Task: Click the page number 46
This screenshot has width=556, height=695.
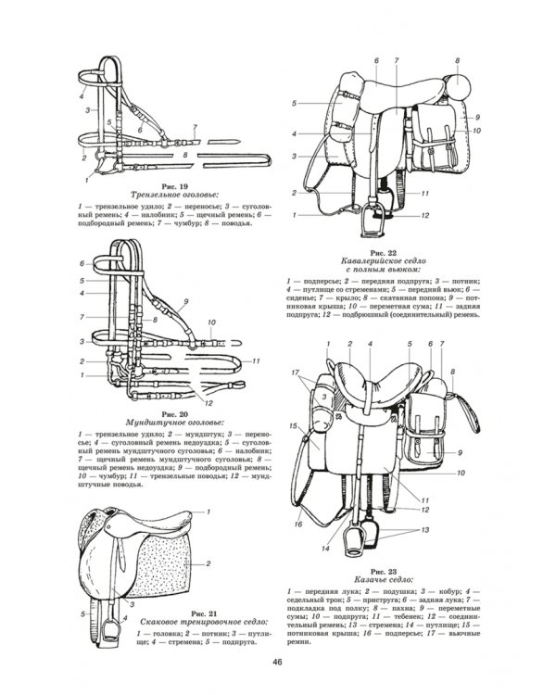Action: tap(277, 661)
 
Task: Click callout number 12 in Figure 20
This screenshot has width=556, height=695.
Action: tap(209, 402)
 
